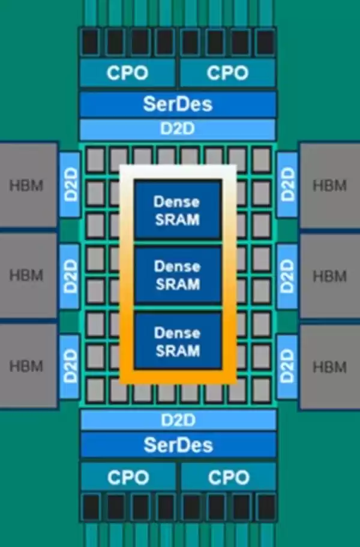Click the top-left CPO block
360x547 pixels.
pyautogui.click(x=127, y=73)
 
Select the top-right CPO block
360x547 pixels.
pyautogui.click(x=227, y=73)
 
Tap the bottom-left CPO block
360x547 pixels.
pyautogui.click(x=127, y=478)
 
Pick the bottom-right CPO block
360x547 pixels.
pyautogui.click(x=227, y=478)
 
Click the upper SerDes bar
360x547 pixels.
pyautogui.click(x=178, y=104)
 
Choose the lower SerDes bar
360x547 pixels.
pyautogui.click(x=178, y=445)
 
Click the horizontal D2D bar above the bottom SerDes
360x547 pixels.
pyautogui.click(x=178, y=419)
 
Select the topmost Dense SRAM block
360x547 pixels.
pyautogui.click(x=177, y=210)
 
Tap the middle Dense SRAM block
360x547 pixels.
pyautogui.click(x=177, y=275)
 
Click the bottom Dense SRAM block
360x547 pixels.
pyautogui.click(x=177, y=341)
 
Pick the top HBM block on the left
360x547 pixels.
pyautogui.click(x=28, y=185)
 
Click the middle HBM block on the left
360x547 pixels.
pyautogui.click(x=28, y=276)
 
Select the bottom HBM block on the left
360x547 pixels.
pyautogui.click(x=28, y=366)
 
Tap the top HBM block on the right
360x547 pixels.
pyautogui.click(x=329, y=185)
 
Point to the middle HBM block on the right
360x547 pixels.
pyautogui.click(x=329, y=276)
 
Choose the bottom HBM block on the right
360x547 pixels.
pyautogui.click(x=329, y=366)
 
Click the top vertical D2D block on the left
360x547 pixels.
pyautogui.click(x=70, y=185)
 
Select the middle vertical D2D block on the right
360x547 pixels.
pyautogui.click(x=287, y=276)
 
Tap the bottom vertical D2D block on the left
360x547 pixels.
pyautogui.click(x=70, y=366)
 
